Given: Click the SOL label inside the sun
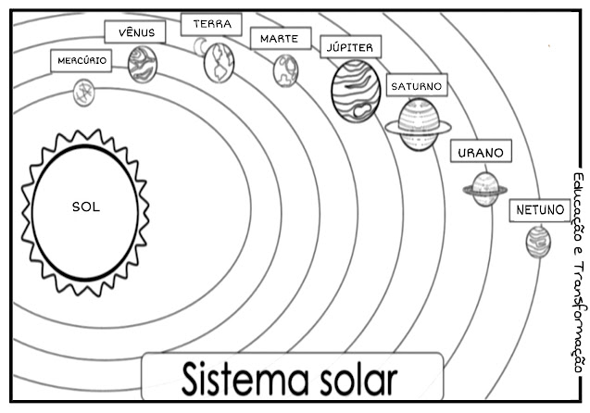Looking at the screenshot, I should [85, 206].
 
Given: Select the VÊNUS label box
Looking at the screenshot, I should [135, 32].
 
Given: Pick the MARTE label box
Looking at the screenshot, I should [279, 39].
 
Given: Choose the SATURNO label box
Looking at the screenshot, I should [416, 86].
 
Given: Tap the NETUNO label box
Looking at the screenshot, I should [539, 210].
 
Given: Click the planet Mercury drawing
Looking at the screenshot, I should [84, 92].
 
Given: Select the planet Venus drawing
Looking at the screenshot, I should [143, 65].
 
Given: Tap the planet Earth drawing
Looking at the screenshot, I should [220, 62].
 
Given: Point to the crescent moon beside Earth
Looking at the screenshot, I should [199, 45].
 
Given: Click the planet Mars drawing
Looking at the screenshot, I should [285, 70].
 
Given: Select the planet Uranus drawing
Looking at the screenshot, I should [484, 190].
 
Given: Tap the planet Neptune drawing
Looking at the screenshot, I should [538, 242].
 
